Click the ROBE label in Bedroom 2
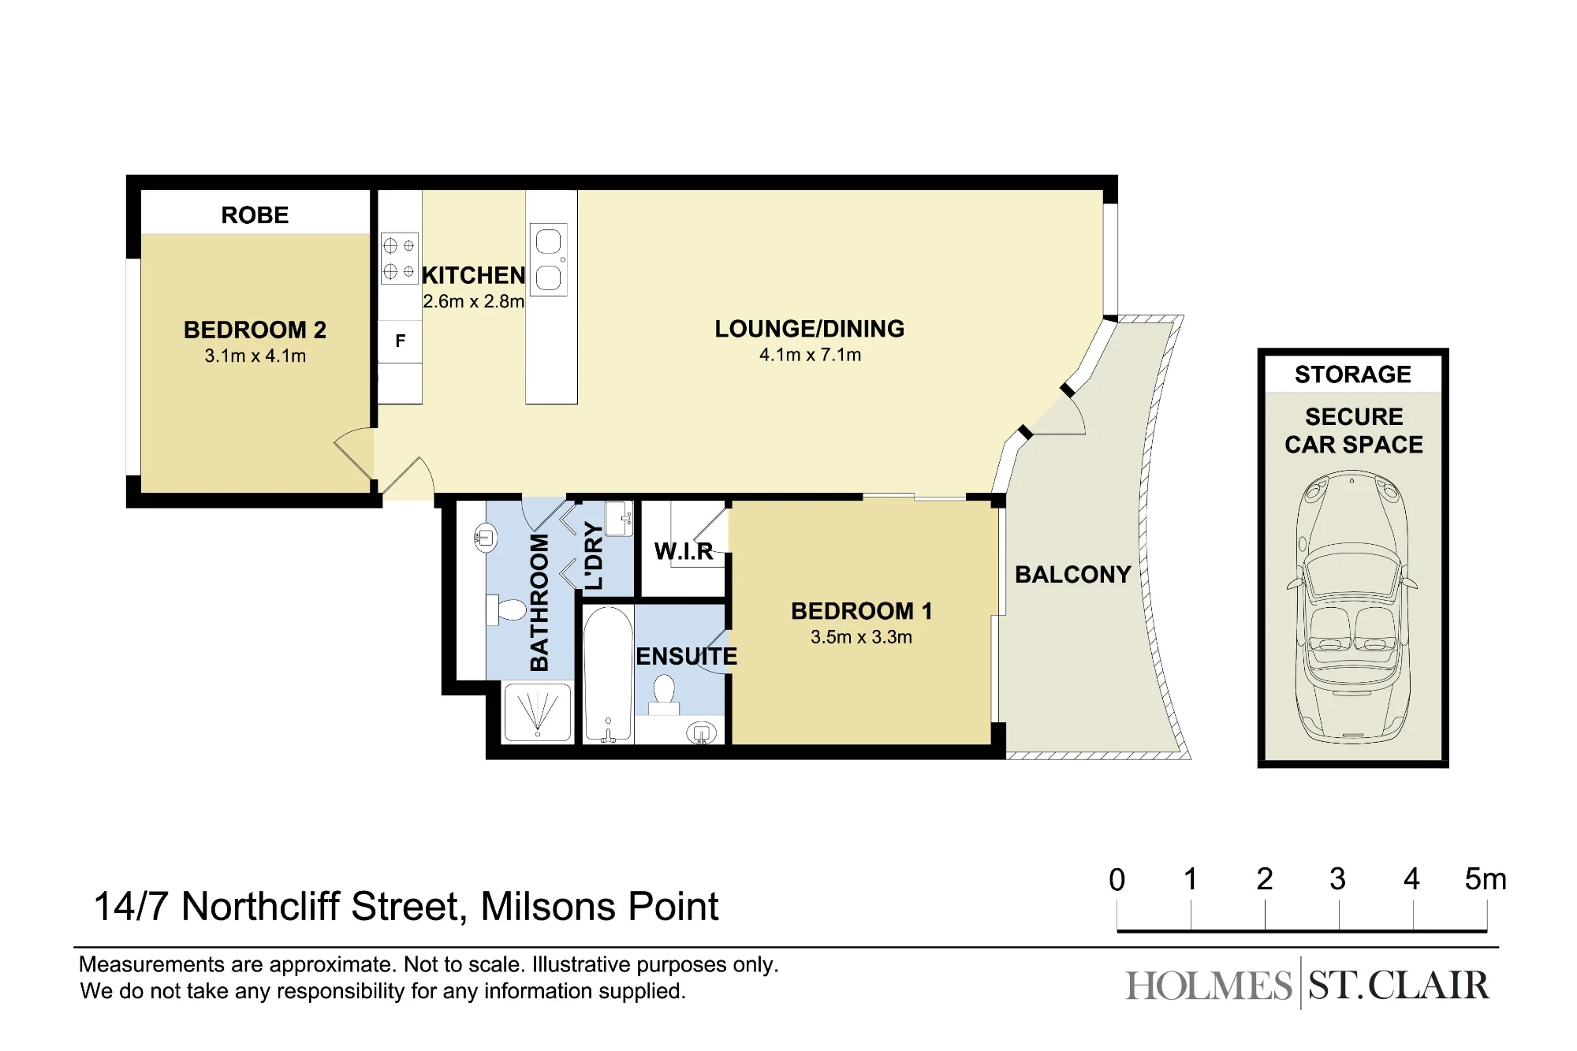coord(255,215)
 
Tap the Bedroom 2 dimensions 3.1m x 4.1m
coord(255,356)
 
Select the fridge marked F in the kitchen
coord(400,341)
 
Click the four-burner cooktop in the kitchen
coord(400,258)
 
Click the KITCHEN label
coord(473,275)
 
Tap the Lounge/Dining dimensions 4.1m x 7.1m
coord(810,355)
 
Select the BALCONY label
coord(1072,575)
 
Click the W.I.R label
coord(684,551)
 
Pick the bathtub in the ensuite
coord(608,674)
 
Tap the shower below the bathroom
coord(538,712)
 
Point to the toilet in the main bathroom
coord(507,610)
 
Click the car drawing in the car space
coord(1351,607)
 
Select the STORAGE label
coord(1353,375)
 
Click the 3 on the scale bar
coord(1338,879)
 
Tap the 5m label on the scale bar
coord(1486,879)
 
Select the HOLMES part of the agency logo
coord(1209,986)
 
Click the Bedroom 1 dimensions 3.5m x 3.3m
coord(861,637)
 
